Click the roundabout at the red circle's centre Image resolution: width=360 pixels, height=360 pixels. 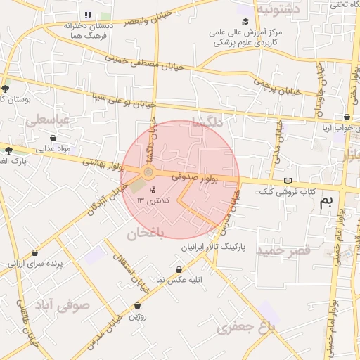pos(148,172)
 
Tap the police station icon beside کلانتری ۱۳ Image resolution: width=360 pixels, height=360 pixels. pos(153,190)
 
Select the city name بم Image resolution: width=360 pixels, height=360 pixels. pos(326,203)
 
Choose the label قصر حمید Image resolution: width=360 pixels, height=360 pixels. pos(284,250)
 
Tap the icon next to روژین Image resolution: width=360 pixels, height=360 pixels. pos(137,306)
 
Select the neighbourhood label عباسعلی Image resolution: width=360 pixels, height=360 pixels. pos(48,120)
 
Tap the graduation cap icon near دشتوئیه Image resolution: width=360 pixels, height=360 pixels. pos(245,21)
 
